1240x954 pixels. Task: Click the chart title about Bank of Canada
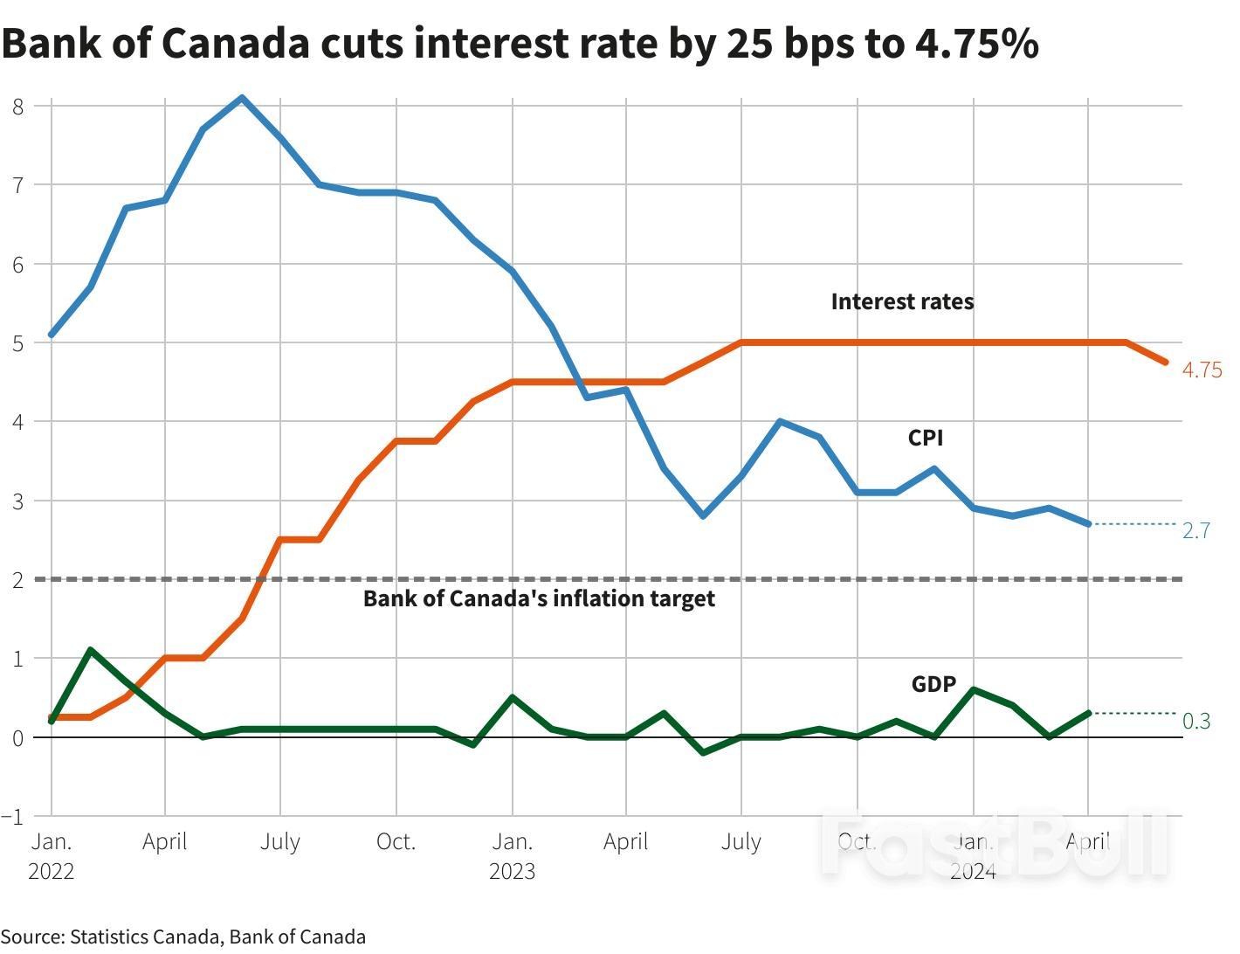coord(520,44)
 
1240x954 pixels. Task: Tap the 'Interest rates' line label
coord(902,302)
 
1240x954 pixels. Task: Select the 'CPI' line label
coord(925,438)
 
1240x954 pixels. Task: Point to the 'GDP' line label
coord(933,684)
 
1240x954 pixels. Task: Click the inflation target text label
coord(539,599)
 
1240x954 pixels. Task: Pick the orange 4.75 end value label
coord(1202,370)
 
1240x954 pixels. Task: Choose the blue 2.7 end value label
coord(1195,531)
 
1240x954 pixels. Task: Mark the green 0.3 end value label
coord(1195,721)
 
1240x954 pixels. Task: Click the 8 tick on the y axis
coord(18,107)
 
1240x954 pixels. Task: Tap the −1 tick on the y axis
coord(13,817)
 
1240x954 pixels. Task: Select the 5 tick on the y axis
coord(18,343)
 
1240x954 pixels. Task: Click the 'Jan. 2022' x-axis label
coord(52,856)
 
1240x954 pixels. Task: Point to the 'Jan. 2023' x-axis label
coord(512,856)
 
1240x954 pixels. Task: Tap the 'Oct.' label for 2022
coord(396,842)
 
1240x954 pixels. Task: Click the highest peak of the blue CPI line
coord(242,98)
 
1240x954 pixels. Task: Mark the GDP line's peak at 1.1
coord(90,650)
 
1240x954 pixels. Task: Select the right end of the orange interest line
coord(1165,362)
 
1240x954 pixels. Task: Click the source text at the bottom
coord(183,937)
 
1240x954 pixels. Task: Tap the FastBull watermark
coord(995,846)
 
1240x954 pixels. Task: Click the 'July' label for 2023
coord(741,842)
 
